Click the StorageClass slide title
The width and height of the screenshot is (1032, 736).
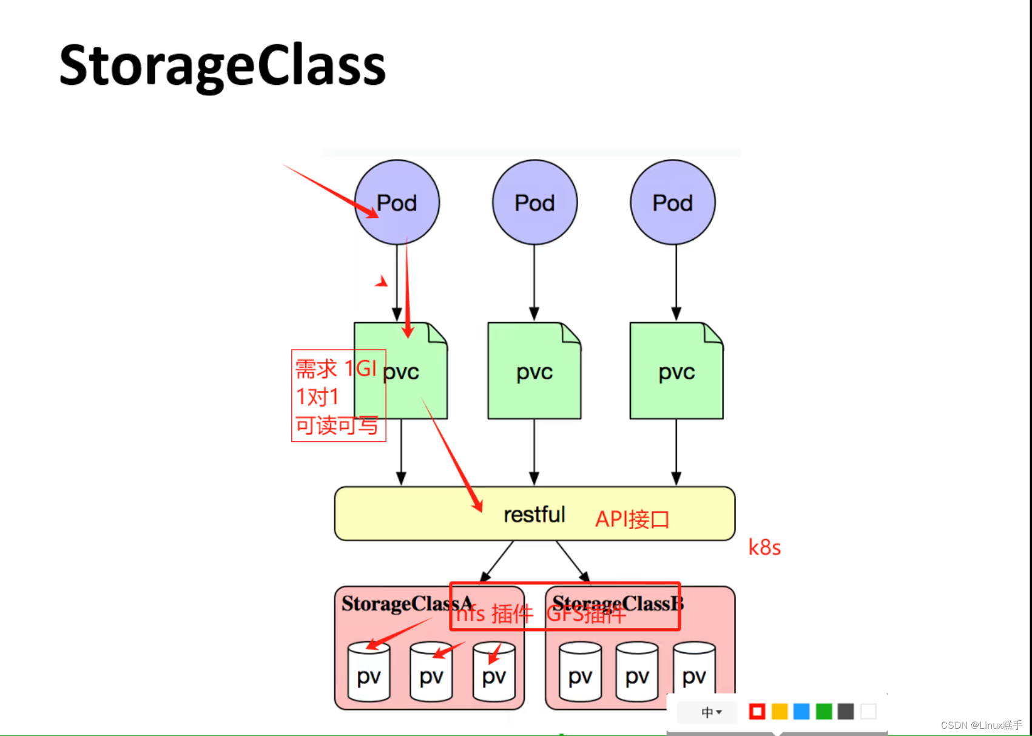(x=222, y=66)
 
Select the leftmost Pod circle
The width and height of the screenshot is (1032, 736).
(x=397, y=203)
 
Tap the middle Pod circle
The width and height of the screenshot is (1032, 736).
(x=535, y=203)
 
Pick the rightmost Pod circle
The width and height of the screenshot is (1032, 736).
(x=672, y=203)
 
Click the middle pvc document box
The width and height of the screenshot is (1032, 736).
(x=534, y=371)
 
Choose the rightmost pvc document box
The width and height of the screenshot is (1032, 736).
(x=676, y=371)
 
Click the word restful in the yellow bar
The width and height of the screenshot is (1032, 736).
(x=534, y=515)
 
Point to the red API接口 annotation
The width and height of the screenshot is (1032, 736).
(x=632, y=519)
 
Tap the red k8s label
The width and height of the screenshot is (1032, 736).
(x=764, y=547)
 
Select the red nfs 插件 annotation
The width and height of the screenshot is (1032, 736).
(x=494, y=614)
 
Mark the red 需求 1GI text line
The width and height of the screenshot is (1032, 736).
(x=336, y=368)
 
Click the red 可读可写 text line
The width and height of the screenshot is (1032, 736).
(x=337, y=425)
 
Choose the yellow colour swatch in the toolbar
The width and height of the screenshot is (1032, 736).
(x=780, y=711)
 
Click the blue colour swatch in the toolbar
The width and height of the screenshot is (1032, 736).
(x=801, y=711)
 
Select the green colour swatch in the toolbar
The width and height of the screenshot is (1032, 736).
(x=824, y=711)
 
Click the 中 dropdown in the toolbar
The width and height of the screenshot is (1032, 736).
(x=710, y=712)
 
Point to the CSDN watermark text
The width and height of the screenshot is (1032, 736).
(x=981, y=725)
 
